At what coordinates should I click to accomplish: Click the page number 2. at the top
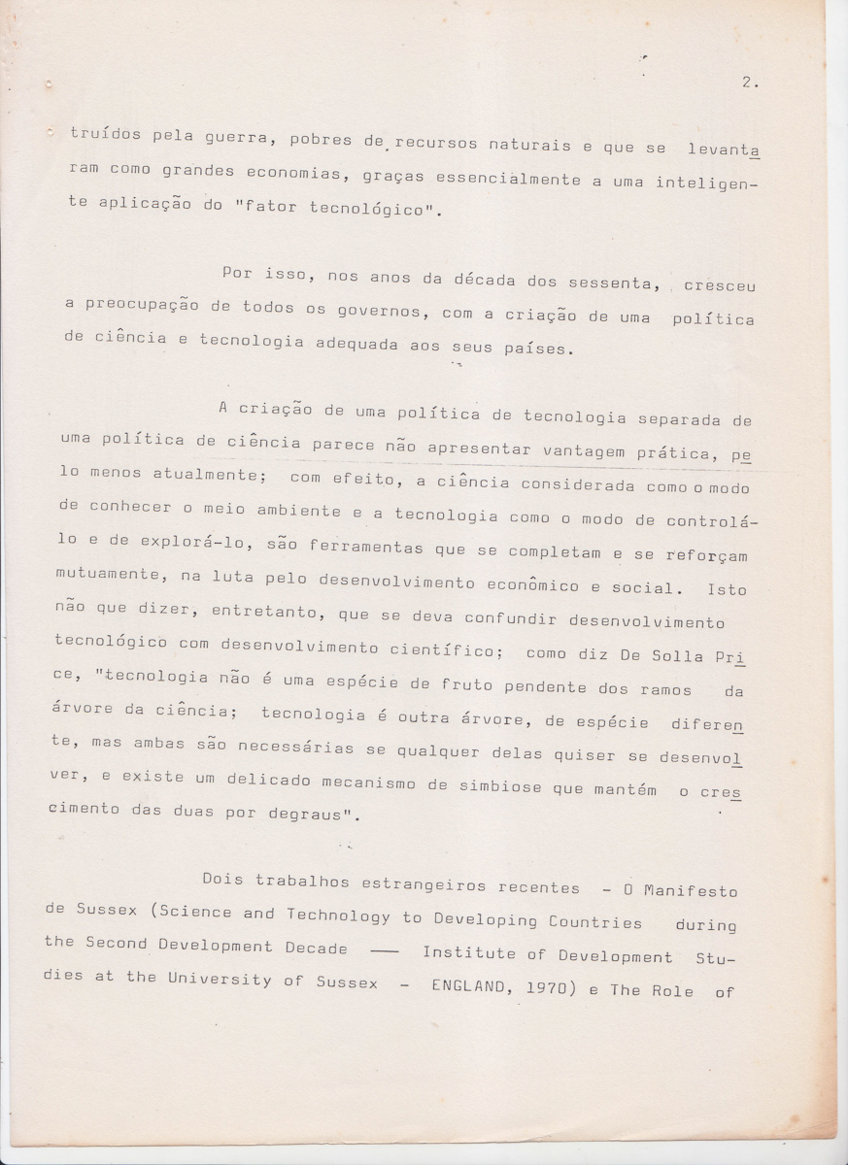pos(749,83)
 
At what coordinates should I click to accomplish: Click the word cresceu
pos(719,286)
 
